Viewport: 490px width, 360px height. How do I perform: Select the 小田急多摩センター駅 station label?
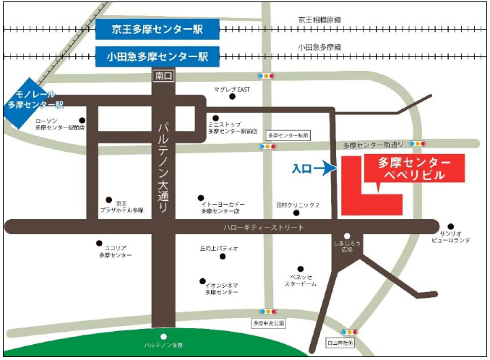157,56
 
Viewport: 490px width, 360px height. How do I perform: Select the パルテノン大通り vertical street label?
164,166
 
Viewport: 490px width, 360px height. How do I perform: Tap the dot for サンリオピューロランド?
451,226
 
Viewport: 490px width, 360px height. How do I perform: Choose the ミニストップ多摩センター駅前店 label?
232,127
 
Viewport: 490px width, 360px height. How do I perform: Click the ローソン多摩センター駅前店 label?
60,127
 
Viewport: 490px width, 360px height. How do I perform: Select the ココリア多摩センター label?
117,252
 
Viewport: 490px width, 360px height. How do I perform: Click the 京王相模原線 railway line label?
319,20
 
